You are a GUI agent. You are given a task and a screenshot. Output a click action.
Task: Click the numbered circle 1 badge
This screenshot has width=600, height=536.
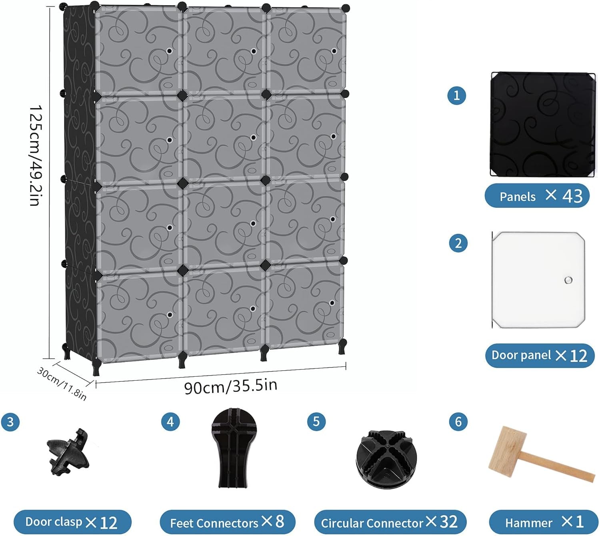[x=457, y=96]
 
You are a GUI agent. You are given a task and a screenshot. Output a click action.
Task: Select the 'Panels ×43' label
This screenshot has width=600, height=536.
[x=537, y=196]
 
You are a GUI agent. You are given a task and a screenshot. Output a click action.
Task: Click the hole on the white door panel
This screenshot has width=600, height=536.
[x=568, y=280]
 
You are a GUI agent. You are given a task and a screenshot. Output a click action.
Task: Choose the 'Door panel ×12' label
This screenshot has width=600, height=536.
[x=540, y=355]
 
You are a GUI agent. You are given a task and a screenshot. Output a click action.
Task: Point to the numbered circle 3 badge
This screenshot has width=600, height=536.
[x=10, y=422]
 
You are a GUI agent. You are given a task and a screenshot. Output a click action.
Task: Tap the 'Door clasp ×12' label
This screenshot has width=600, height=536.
[x=72, y=522]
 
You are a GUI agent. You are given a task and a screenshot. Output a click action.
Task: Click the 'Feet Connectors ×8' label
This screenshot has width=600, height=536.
[x=227, y=522]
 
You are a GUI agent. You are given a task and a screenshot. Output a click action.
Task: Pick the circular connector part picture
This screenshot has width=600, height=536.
[x=386, y=459]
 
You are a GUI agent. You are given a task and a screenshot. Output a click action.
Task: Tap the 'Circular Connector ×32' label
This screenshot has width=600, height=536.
[x=390, y=522]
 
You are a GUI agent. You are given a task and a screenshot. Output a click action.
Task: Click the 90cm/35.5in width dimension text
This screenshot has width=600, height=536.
[x=231, y=386]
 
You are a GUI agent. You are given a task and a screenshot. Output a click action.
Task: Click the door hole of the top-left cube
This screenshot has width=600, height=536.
[x=169, y=51]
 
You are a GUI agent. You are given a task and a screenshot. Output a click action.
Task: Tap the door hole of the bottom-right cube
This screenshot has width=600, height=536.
[x=332, y=303]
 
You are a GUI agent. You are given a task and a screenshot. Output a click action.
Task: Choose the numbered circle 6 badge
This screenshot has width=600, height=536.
[x=458, y=422]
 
